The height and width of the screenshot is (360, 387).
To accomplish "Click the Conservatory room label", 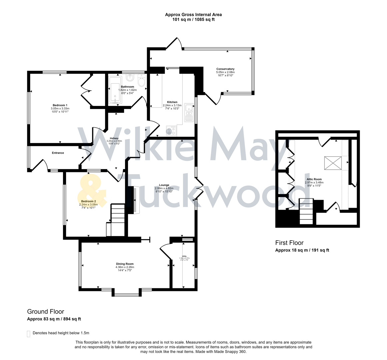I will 225,69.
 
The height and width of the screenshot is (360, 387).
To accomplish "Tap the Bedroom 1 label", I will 60,105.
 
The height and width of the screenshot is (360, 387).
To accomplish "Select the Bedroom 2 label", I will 88,201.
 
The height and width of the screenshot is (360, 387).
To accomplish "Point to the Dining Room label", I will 125,264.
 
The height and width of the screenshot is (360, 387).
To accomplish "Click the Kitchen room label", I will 172,102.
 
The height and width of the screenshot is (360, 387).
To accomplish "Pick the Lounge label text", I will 164,185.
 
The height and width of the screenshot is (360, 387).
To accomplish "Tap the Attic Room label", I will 314,179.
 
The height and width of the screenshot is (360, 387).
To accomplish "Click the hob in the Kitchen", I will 171,131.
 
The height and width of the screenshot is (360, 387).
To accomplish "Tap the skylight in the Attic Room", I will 333,163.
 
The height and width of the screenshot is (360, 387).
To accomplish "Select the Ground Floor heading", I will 45,312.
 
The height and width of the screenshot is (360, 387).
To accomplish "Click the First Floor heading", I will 289,243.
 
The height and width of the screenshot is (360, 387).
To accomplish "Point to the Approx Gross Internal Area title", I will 193,15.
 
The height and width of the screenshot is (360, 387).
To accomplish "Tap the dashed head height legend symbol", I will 29,334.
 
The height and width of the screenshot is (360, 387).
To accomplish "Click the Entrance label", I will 58,153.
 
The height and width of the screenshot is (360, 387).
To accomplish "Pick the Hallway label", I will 114,138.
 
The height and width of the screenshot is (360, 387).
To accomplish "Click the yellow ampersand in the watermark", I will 92,192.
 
